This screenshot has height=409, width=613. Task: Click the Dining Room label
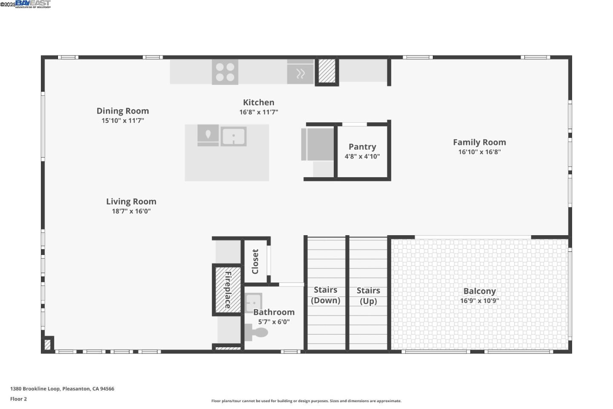click(123, 111)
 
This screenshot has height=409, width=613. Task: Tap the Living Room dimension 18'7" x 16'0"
click(131, 211)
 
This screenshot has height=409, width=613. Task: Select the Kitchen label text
click(258, 102)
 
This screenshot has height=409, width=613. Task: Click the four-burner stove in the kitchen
click(225, 72)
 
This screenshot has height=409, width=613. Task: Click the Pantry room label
click(362, 147)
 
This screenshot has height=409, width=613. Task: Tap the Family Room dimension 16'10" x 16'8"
click(479, 152)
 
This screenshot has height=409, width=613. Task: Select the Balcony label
click(479, 291)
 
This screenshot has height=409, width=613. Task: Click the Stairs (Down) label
click(326, 295)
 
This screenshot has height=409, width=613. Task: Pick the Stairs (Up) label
click(368, 296)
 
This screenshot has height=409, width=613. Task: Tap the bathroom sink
click(253, 302)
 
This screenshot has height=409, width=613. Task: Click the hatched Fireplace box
click(228, 290)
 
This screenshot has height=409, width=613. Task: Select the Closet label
click(255, 262)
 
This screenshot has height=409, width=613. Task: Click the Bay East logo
click(33, 4)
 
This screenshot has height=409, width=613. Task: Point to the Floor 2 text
click(18, 399)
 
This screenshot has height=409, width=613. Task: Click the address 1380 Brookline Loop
click(62, 389)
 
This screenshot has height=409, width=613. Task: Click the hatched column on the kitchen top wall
click(327, 71)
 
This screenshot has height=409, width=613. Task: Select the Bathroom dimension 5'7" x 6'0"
click(274, 322)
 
